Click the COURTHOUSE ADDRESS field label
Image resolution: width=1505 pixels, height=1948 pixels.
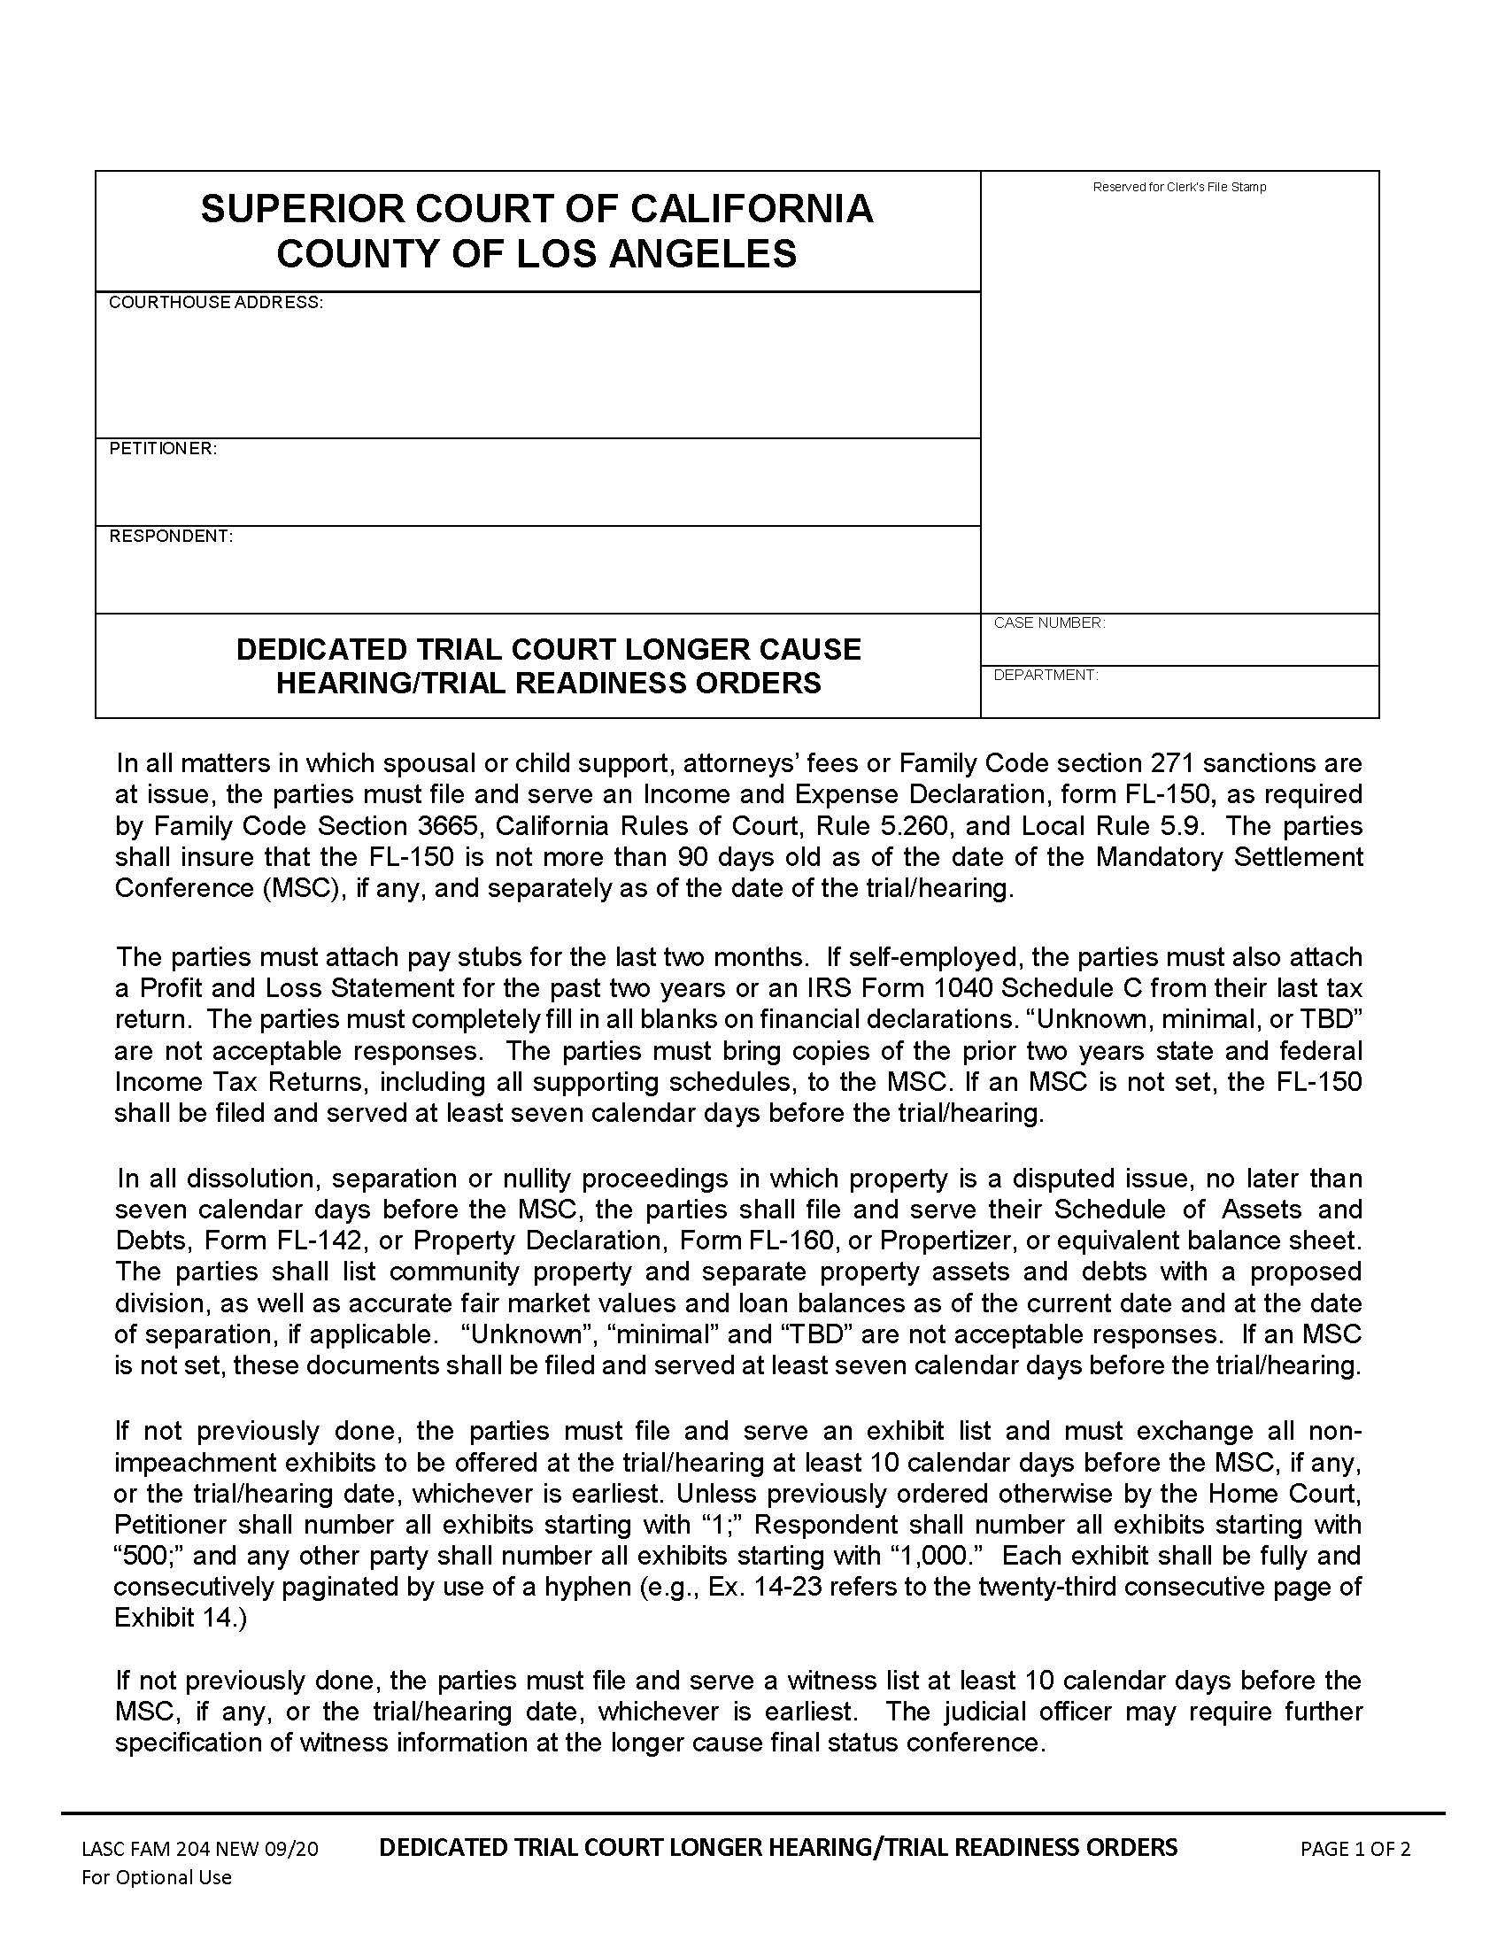[215, 302]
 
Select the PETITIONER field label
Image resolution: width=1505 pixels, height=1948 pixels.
[163, 449]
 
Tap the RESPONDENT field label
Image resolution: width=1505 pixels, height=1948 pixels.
[170, 536]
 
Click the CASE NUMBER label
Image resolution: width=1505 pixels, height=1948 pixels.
[1049, 622]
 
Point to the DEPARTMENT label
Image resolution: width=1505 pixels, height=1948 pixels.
[1046, 676]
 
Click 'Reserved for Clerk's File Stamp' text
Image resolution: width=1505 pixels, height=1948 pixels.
[1178, 188]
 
